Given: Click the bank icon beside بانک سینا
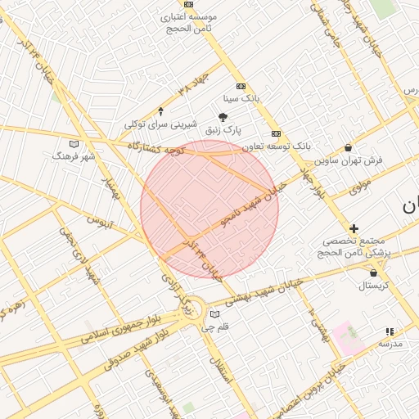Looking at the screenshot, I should pos(241,85).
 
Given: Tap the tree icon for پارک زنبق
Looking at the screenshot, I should pos(223,117).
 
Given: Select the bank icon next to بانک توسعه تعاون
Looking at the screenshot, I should pos(276,133).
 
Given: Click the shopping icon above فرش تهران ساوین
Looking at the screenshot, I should pos(349,148).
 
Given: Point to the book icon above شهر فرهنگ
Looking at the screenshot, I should pos(74,143).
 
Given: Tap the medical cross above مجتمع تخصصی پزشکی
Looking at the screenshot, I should pos(354,229).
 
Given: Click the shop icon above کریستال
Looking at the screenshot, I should pos(374,273).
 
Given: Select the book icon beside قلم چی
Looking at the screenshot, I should pos(215,314).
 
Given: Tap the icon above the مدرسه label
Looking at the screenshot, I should pos(390,331).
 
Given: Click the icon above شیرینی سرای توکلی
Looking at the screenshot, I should pos(160,111).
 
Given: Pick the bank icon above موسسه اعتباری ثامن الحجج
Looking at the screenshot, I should pos(190,3).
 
